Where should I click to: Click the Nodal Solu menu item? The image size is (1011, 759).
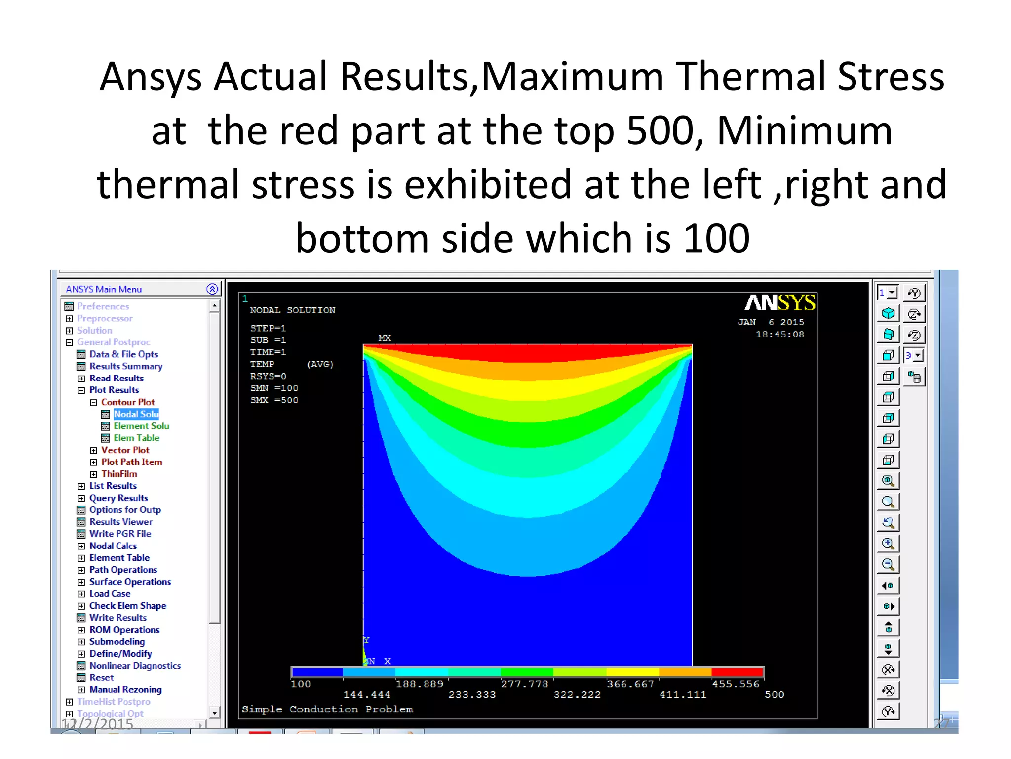136,414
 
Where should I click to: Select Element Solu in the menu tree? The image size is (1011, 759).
141,426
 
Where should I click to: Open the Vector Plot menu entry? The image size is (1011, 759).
125,450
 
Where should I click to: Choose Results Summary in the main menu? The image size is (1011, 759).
125,366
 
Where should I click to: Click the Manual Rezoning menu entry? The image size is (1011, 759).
125,689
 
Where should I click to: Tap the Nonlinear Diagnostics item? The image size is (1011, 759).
135,666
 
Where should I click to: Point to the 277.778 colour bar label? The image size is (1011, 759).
524,684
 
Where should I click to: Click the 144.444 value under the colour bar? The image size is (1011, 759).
367,695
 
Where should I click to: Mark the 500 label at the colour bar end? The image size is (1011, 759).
774,695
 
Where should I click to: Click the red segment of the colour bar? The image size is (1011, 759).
737,672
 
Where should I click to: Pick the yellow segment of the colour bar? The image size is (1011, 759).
632,672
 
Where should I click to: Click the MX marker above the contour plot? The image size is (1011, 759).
385,338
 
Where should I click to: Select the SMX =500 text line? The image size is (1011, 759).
274,400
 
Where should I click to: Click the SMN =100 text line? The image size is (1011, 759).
274,388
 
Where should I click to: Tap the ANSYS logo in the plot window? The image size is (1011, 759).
779,302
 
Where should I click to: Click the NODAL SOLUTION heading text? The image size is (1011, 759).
292,310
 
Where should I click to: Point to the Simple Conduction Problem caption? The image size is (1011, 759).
327,709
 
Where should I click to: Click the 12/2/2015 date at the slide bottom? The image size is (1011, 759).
97,724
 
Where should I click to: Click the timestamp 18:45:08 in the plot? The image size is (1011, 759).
779,335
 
